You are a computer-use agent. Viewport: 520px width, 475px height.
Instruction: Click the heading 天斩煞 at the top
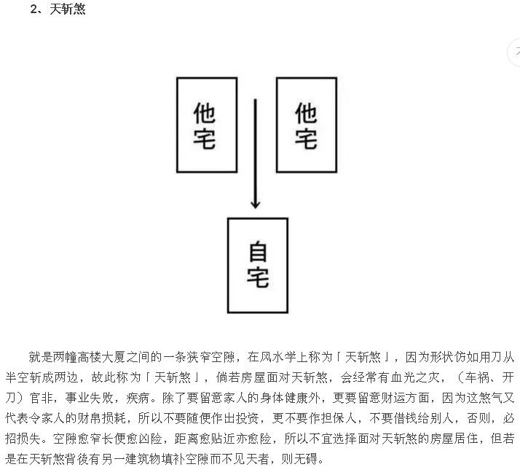click(68, 9)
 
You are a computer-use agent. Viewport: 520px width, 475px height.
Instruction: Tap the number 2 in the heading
click(34, 9)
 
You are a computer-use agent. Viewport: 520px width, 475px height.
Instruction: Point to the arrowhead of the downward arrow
click(256, 204)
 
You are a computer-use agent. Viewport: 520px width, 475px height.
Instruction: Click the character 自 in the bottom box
click(258, 252)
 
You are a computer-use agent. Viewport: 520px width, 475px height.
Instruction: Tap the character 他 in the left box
click(204, 113)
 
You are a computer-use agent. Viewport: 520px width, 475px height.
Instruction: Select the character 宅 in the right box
click(306, 139)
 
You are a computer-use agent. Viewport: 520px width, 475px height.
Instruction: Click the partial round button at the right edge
click(514, 52)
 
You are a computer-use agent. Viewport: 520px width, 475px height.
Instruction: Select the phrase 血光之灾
click(420, 377)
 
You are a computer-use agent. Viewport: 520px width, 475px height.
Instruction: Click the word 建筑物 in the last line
click(143, 459)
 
